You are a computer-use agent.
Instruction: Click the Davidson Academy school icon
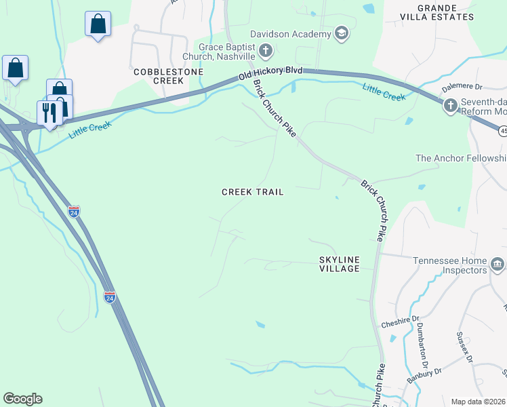[341, 33]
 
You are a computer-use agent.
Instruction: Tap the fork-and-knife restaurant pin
[49, 112]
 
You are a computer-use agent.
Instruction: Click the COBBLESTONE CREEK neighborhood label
[159, 76]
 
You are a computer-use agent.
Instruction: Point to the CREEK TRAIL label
[253, 193]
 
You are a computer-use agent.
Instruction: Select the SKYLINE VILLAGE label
[340, 264]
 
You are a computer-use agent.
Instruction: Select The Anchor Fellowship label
[461, 158]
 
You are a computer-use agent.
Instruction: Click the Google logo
[22, 399]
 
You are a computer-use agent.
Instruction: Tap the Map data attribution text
[479, 402]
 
